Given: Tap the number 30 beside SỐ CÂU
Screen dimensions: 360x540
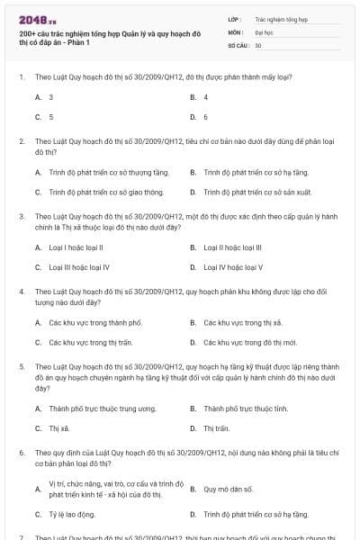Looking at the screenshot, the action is (258, 45).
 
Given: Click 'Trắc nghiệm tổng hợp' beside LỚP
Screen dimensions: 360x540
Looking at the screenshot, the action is (281, 18).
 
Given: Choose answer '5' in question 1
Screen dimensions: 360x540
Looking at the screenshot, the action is (50, 117).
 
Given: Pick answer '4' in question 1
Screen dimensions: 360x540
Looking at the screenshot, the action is (206, 96).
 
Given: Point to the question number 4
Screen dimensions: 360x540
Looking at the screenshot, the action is (22, 292).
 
